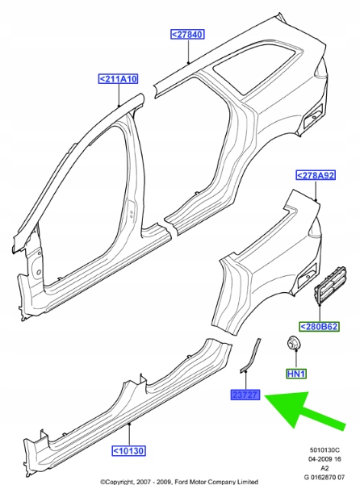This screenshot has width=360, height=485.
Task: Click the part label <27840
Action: pos(187,34)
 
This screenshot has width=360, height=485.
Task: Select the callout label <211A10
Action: pos(118,79)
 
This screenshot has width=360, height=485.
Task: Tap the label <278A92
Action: pos(316,175)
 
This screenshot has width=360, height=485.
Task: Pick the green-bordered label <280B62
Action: pos(319,327)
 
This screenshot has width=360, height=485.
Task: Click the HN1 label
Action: pos(296,374)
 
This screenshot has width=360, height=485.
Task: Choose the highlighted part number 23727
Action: pos(245,395)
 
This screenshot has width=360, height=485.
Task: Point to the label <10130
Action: pos(128,450)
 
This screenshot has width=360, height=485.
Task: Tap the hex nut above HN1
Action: pos(293,343)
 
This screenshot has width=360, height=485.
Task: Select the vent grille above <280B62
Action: pos(329,285)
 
